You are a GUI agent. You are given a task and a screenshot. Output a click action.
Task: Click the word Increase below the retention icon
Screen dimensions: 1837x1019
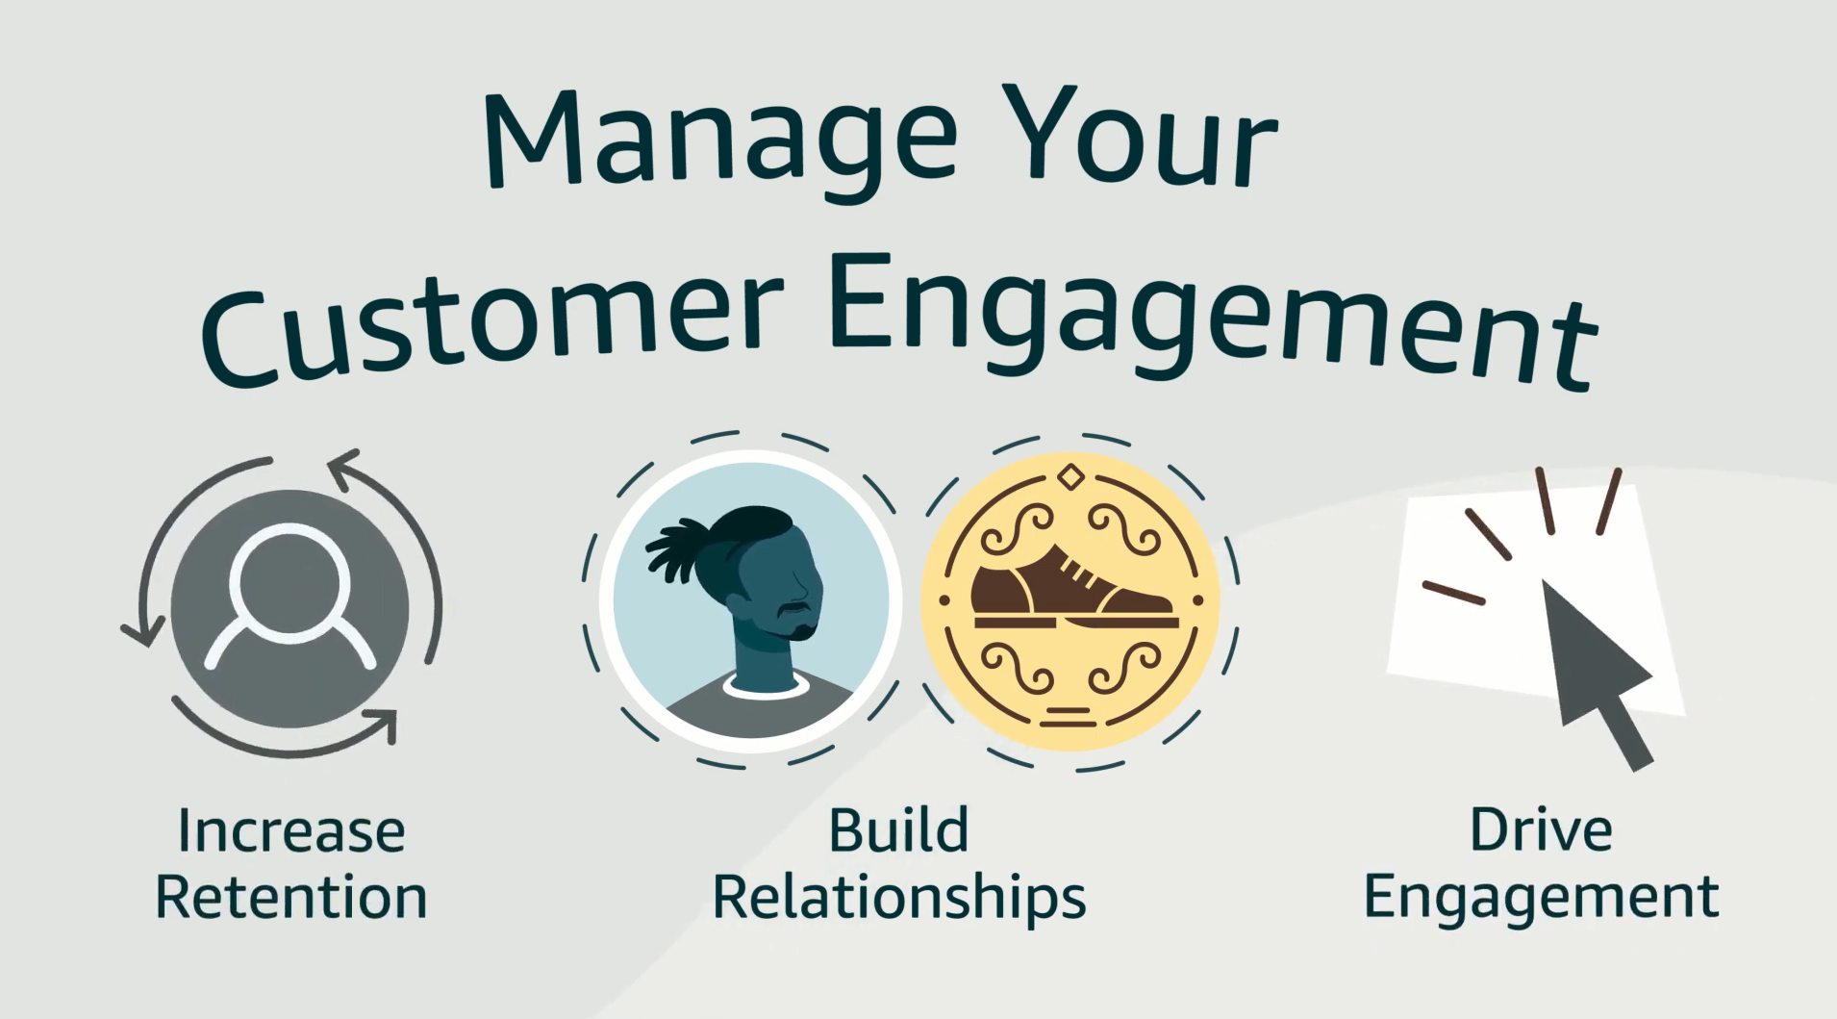[290, 831]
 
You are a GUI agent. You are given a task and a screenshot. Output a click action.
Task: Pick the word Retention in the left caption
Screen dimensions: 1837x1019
[290, 897]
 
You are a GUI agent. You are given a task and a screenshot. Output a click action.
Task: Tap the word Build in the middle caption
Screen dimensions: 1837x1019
[897, 829]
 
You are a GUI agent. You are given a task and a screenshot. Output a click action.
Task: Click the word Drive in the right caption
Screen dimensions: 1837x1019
[1540, 829]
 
